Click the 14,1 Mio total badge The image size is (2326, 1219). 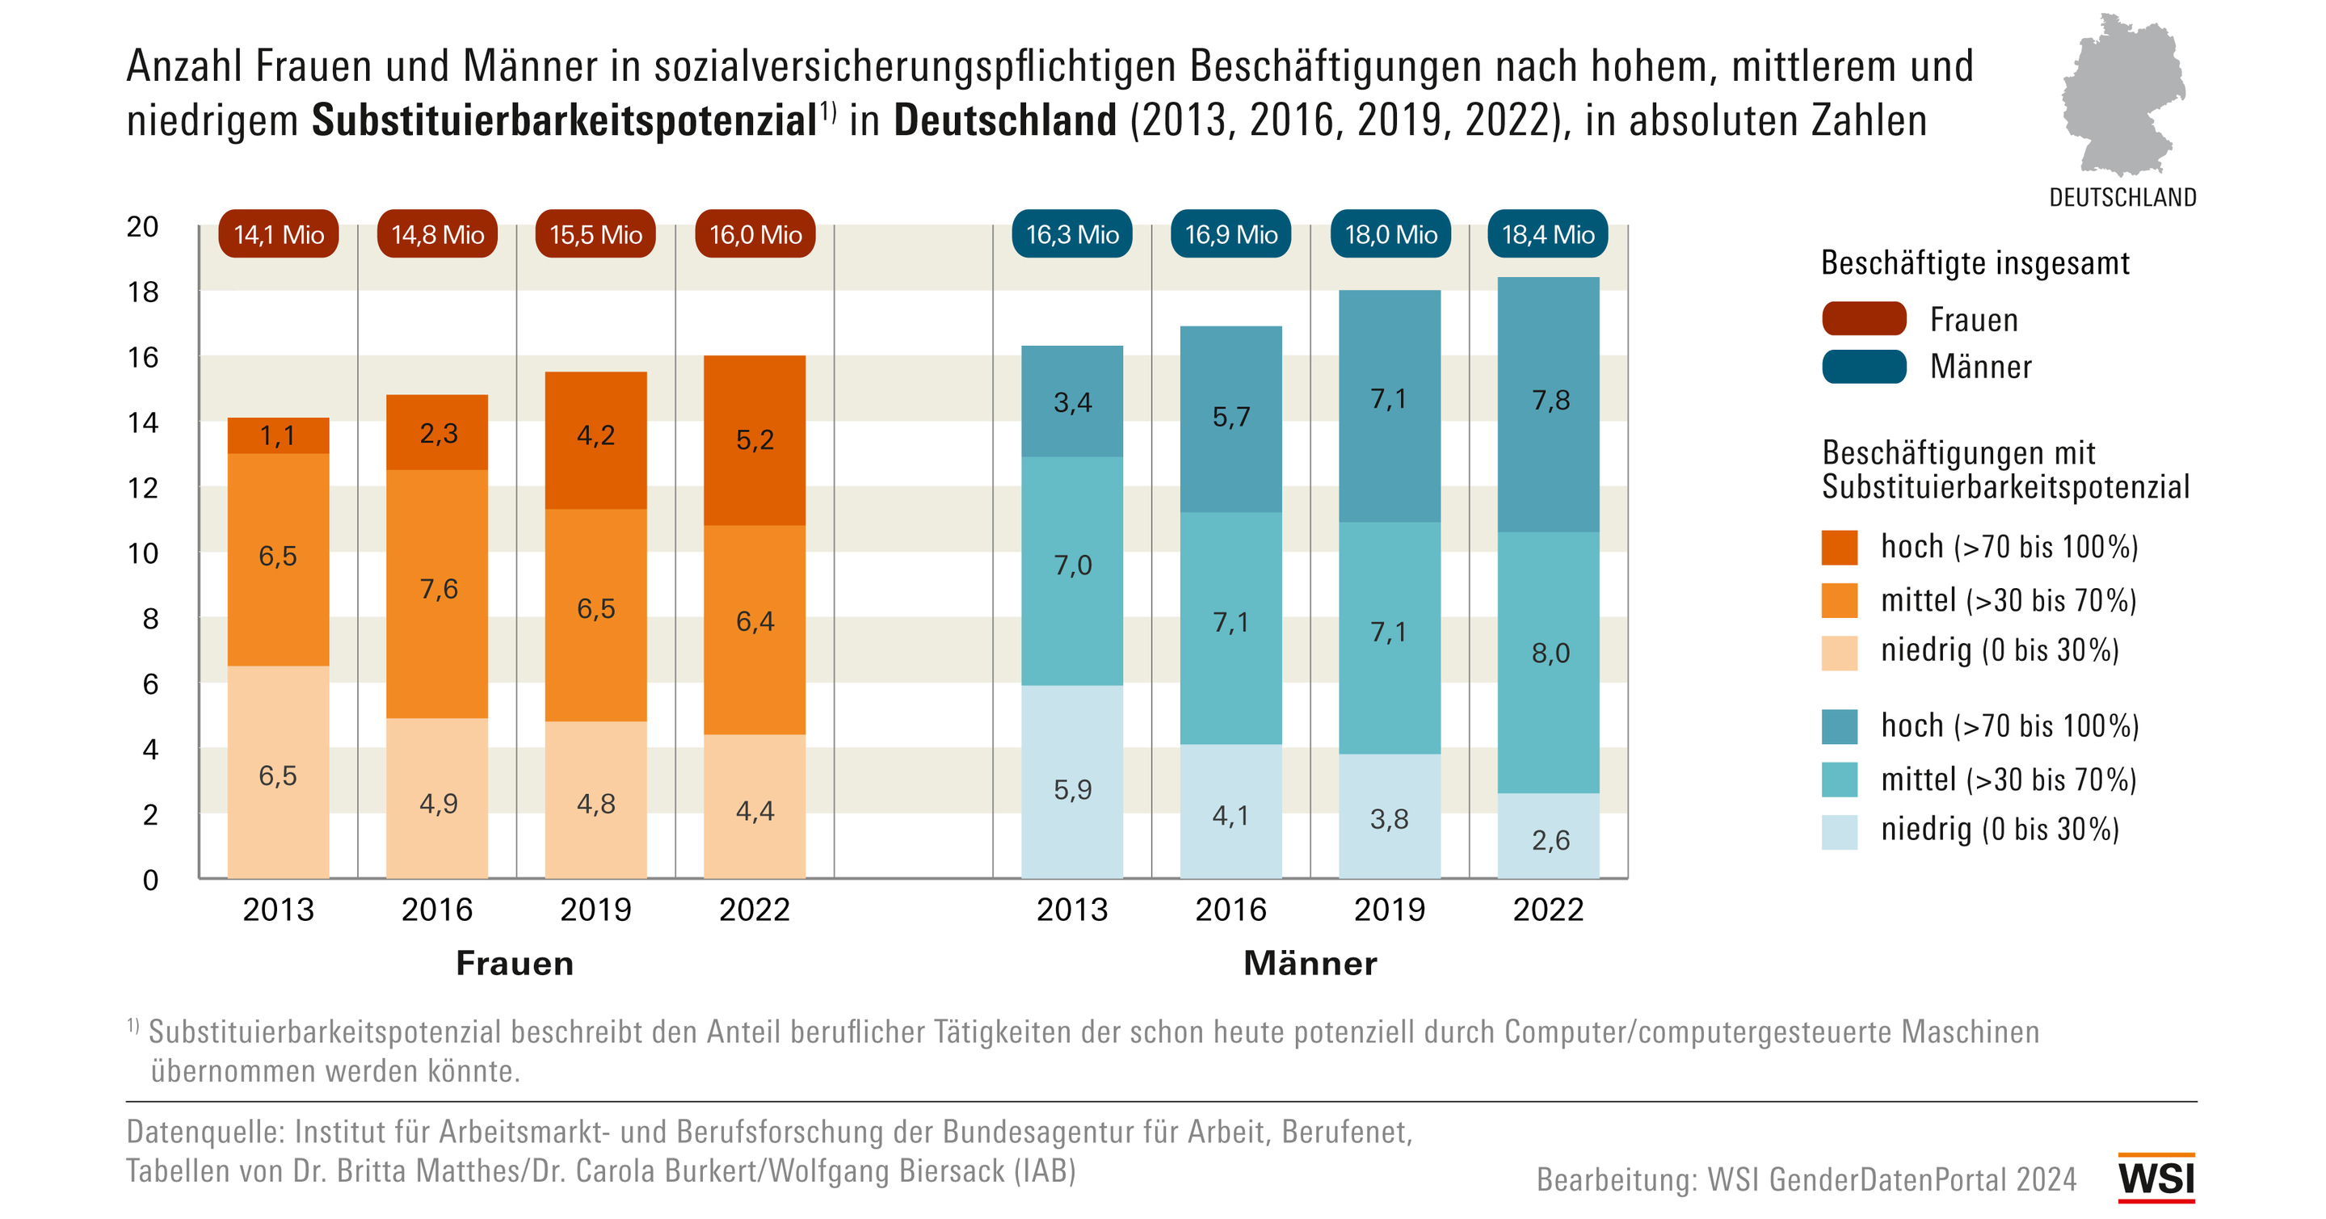[x=278, y=235]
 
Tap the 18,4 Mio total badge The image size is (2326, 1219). [x=1548, y=235]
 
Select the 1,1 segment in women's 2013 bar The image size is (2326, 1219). [x=278, y=436]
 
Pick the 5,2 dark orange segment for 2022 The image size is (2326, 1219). [x=755, y=440]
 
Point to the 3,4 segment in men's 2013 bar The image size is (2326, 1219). [x=1072, y=401]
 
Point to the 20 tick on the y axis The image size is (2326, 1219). [x=143, y=227]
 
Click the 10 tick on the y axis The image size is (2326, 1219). [x=143, y=553]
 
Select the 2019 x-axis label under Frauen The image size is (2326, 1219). [x=596, y=910]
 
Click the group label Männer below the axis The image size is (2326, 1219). [x=1310, y=964]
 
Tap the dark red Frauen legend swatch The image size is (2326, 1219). [x=1864, y=319]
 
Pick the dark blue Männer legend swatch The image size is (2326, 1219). [x=1864, y=367]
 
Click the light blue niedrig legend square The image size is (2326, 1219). [x=1840, y=831]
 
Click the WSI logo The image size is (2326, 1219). [x=2156, y=1179]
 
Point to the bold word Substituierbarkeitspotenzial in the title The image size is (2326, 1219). [x=565, y=121]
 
